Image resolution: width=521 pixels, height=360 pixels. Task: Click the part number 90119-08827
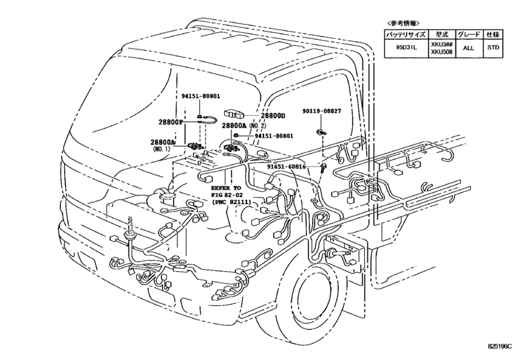click(x=322, y=111)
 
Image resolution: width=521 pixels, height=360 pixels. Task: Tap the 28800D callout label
click(x=273, y=116)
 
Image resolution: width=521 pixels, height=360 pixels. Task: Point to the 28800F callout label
click(x=171, y=122)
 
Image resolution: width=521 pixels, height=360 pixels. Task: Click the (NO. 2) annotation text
click(x=258, y=125)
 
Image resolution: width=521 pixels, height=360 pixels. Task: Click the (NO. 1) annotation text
click(x=162, y=149)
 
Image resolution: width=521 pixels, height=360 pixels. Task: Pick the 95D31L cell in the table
click(x=406, y=48)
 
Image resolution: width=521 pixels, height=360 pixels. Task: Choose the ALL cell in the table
click(x=468, y=48)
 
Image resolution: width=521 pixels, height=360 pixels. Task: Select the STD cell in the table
click(x=493, y=48)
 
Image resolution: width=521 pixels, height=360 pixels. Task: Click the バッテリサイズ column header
click(x=406, y=34)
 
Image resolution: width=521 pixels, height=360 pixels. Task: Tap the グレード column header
click(x=468, y=34)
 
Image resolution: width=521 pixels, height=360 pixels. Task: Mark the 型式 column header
click(x=441, y=34)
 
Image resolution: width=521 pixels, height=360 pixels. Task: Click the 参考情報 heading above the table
click(x=403, y=23)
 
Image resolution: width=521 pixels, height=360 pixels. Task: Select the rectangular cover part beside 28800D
click(x=234, y=114)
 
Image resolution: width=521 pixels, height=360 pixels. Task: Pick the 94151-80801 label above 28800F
click(x=200, y=96)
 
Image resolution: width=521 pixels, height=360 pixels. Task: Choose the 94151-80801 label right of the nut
click(x=274, y=136)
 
